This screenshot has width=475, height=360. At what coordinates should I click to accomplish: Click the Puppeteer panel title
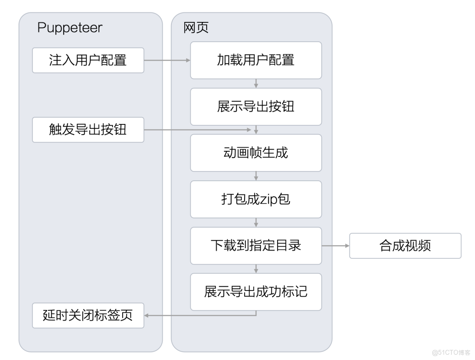click(69, 28)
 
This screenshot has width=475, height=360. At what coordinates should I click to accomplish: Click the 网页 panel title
click(196, 28)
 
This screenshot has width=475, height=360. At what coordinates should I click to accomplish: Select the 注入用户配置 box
click(88, 60)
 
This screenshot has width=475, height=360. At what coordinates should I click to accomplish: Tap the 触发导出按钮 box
click(88, 130)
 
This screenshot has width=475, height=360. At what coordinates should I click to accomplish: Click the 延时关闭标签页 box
click(88, 315)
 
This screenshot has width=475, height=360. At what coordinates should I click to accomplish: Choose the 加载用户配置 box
click(256, 60)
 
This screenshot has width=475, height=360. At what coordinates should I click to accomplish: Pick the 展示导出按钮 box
click(256, 107)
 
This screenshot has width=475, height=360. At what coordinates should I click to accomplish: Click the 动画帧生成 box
click(256, 153)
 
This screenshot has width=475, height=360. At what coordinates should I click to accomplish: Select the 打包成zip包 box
click(256, 199)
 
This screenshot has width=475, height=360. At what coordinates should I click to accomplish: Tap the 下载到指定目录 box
click(256, 246)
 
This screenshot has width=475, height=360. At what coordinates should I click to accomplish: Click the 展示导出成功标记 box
click(256, 292)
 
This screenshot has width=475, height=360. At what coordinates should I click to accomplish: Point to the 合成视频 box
click(405, 246)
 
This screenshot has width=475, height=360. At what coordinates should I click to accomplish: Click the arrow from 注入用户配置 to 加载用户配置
click(167, 60)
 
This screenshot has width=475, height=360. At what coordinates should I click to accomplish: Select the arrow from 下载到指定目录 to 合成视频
click(336, 246)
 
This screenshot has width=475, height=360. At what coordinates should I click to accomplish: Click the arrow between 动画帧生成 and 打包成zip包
click(256, 176)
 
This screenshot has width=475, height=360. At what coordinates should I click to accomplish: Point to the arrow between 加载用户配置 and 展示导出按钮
click(256, 84)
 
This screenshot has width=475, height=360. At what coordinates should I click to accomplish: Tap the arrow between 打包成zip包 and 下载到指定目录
click(256, 222)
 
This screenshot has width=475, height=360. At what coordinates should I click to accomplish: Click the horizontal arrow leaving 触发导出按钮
click(198, 130)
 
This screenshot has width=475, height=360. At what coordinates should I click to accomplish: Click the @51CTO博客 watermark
click(451, 352)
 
